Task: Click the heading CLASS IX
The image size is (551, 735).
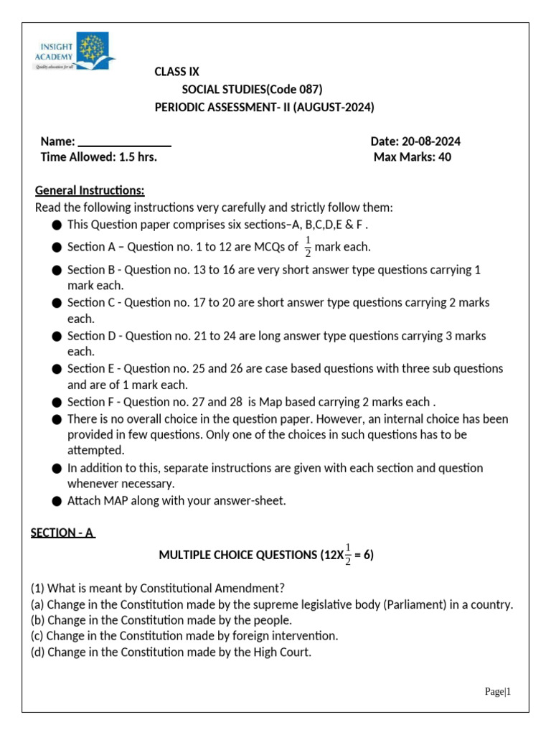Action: (x=177, y=72)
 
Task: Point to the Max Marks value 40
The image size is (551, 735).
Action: (x=444, y=157)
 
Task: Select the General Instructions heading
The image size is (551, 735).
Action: (x=90, y=190)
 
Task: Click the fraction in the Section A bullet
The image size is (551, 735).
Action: (x=308, y=246)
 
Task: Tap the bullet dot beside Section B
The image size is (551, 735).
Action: (x=57, y=271)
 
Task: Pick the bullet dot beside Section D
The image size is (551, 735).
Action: (x=57, y=337)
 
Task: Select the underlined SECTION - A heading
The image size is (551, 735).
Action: (x=63, y=533)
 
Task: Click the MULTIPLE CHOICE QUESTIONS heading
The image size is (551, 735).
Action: (x=237, y=555)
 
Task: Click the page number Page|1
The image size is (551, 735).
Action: (x=496, y=692)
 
